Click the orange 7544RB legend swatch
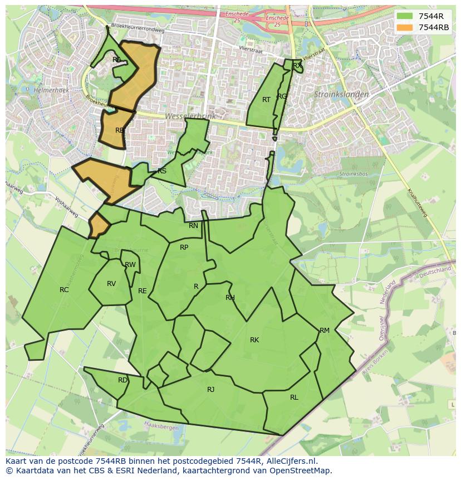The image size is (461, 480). click(405, 27)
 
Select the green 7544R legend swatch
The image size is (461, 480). click(405, 16)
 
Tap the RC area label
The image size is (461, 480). click(64, 290)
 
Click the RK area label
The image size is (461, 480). click(254, 340)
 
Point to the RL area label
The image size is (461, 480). click(294, 397)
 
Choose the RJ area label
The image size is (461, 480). click(210, 390)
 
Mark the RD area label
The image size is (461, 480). click(122, 380)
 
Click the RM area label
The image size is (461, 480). click(325, 331)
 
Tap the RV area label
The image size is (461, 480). click(111, 284)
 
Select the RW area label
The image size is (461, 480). click(130, 265)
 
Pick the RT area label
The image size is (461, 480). click(266, 100)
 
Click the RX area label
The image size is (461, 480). click(297, 66)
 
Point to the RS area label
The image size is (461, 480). click(162, 171)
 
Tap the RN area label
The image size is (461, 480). click(193, 226)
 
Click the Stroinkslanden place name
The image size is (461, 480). click(341, 95)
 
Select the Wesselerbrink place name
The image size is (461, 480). click(189, 117)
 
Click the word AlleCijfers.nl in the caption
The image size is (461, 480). click(290, 461)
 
